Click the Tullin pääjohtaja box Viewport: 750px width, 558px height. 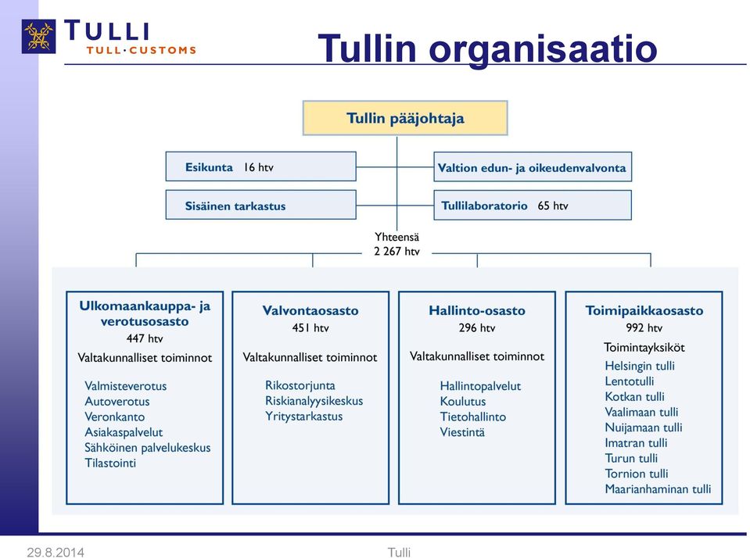point(405,118)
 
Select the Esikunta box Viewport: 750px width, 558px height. point(260,166)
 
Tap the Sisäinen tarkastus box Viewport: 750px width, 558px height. point(260,205)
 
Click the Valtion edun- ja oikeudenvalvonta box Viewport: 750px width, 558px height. point(533,167)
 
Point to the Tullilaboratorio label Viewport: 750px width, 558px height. point(484,206)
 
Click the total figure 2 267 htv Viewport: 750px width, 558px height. point(397,252)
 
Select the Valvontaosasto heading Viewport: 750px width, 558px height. point(310,311)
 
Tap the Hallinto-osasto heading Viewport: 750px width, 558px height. point(477,311)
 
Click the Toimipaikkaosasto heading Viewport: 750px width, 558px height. point(644,311)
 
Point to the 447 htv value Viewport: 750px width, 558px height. point(145,338)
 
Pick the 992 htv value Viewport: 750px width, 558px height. point(644,328)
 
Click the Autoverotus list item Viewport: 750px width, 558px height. point(117,401)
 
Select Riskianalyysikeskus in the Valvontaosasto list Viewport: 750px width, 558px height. point(314,401)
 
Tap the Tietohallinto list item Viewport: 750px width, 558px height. point(473,417)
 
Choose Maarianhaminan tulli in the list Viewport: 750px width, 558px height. point(658,489)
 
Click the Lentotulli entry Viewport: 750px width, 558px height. point(629,381)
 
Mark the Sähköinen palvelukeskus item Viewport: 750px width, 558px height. point(147,448)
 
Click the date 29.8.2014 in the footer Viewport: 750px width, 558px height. point(56,553)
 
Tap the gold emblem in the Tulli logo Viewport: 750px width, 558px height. point(39,36)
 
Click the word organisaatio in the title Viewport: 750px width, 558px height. point(543,48)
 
